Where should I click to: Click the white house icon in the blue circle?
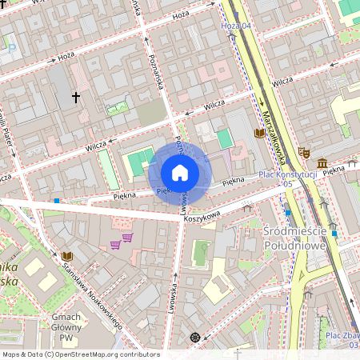coord(180,172)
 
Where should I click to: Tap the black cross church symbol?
coord(76,98)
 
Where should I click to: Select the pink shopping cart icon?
coord(115,244)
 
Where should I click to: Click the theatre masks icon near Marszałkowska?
coord(304,151)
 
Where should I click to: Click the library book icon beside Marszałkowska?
coord(259,134)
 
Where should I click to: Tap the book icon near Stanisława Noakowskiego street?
coord(66,256)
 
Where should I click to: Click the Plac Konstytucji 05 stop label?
coord(288,178)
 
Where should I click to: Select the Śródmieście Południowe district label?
coord(309,238)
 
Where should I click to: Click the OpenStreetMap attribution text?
coord(81,354)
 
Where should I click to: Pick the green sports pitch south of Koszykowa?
coord(202,253)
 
